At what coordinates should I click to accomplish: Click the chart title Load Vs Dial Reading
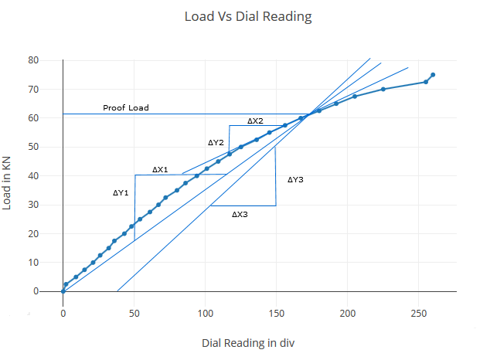pyautogui.click(x=248, y=16)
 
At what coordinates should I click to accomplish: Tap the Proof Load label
pyautogui.click(x=126, y=107)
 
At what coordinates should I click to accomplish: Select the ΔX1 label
pyautogui.click(x=160, y=169)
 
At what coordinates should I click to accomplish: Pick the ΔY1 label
pyautogui.click(x=121, y=193)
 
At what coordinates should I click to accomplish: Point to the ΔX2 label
pyautogui.click(x=255, y=121)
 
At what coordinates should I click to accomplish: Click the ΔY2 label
pyautogui.click(x=216, y=143)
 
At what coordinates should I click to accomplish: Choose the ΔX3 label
pyautogui.click(x=240, y=215)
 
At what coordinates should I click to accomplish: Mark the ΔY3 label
pyautogui.click(x=295, y=179)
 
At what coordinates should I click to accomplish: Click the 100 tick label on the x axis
pyautogui.click(x=206, y=314)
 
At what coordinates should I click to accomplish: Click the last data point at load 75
pyautogui.click(x=433, y=75)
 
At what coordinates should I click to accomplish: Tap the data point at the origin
pyautogui.click(x=63, y=291)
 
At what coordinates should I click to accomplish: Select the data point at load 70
pyautogui.click(x=383, y=90)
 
